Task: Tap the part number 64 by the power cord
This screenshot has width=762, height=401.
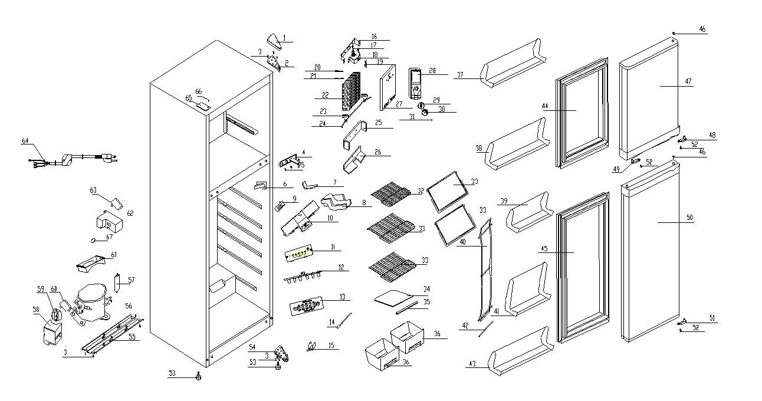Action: point(25,140)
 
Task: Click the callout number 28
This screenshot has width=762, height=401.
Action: point(432,71)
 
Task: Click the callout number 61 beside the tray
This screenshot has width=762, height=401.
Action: point(114,255)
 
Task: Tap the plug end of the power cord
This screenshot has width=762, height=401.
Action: point(109,157)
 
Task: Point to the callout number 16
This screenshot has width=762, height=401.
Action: point(374,37)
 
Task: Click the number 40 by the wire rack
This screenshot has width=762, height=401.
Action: point(463,242)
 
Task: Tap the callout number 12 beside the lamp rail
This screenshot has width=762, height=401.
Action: point(341,268)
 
